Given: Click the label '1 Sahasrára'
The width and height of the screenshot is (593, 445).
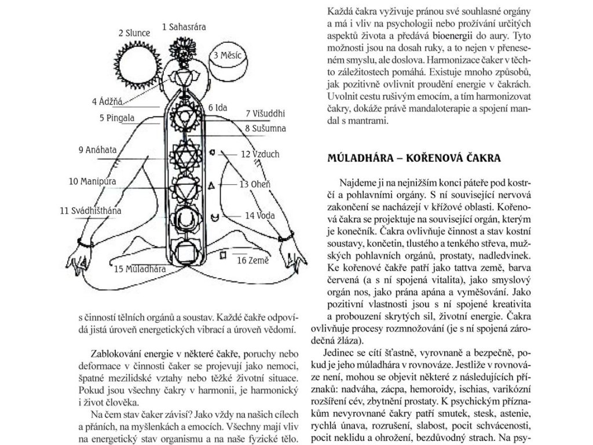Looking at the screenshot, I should coord(184,26).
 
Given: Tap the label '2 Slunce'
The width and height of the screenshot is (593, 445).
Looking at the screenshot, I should coord(134,33).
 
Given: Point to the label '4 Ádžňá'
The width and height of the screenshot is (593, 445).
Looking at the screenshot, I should coord(108,102).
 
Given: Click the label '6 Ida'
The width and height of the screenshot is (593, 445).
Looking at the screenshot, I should coord(218,108).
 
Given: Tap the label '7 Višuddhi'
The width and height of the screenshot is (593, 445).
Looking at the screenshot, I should coord(265,113).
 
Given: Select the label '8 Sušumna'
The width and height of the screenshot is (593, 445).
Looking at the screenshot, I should coord(266,128).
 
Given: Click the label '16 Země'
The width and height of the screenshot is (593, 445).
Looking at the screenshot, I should coord(253,260).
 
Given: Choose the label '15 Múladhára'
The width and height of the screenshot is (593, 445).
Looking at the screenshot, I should coord(141,269).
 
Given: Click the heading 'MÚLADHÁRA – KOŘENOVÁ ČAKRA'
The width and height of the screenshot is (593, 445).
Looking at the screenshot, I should coord(413,158).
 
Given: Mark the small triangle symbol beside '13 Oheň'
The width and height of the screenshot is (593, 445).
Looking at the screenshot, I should coord(212,185).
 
